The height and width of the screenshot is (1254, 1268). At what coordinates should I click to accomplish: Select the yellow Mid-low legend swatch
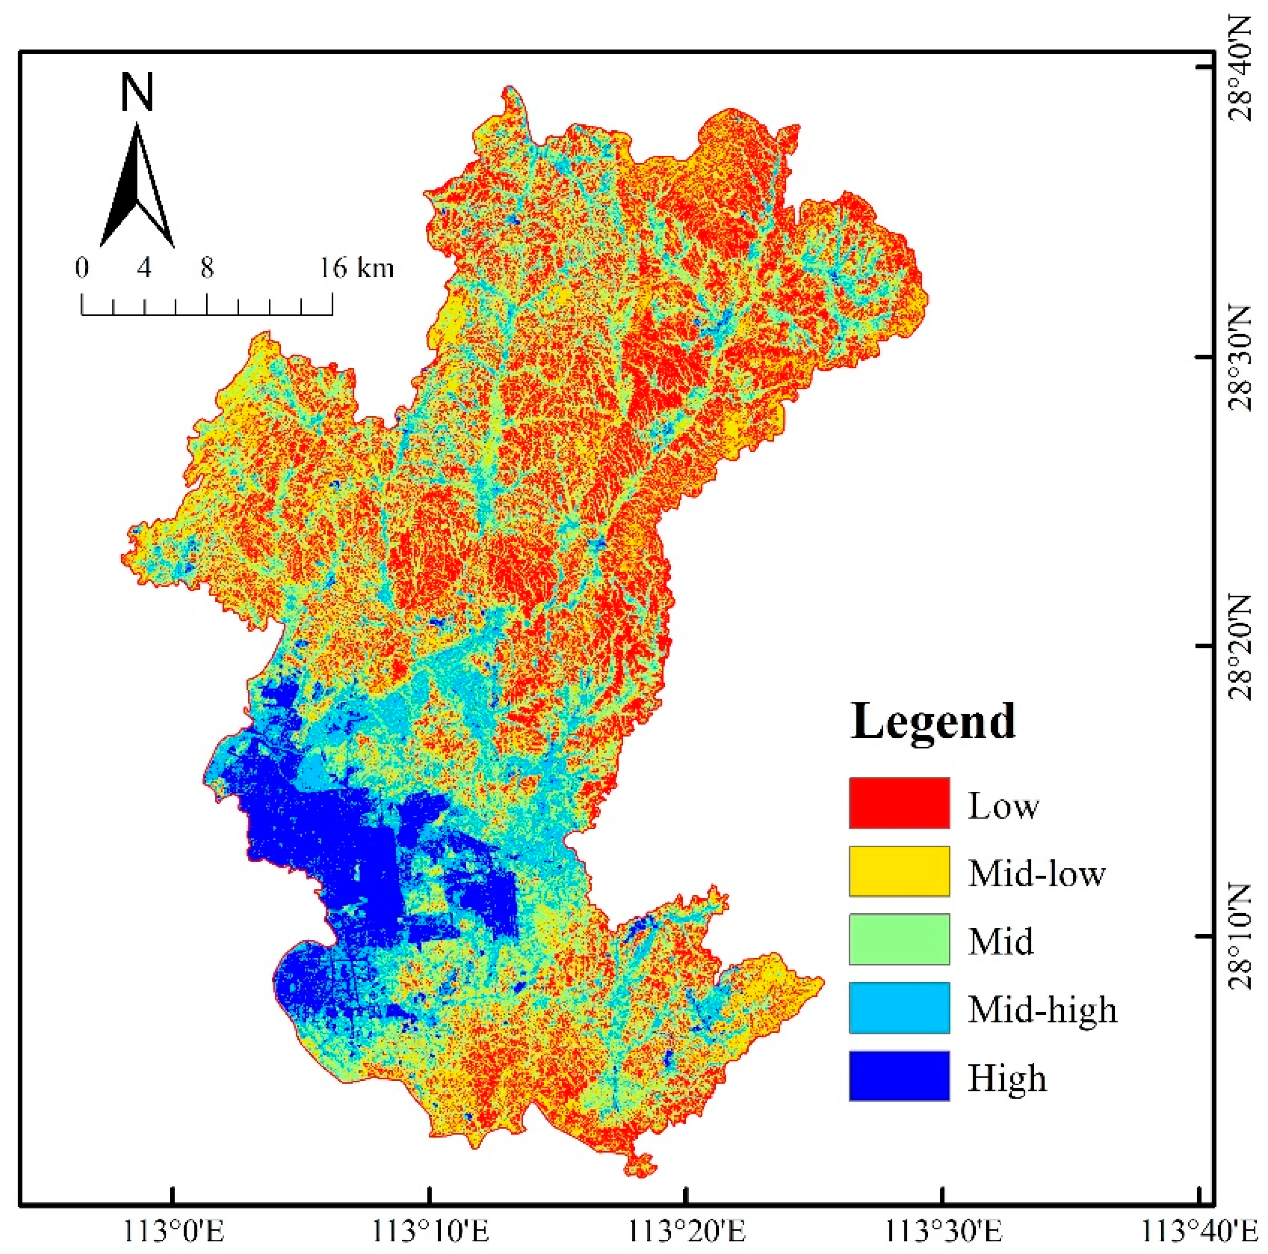tap(899, 871)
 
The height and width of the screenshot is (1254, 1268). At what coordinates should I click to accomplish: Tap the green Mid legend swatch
tap(899, 940)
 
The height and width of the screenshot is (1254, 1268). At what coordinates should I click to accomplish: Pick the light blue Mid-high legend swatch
tap(899, 1008)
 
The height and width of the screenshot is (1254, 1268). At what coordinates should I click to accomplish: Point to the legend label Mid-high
tap(1042, 1009)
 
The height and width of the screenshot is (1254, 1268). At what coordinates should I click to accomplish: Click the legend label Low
tap(1003, 805)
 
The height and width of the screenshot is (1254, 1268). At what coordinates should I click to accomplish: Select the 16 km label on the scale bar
tap(356, 268)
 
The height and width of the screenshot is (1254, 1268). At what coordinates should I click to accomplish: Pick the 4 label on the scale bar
tap(144, 268)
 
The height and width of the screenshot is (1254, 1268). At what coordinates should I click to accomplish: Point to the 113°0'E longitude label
tap(172, 1232)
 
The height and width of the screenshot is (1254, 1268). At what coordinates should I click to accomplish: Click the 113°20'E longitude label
tap(687, 1232)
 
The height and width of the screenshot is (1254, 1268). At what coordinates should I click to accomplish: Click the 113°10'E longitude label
tap(430, 1232)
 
